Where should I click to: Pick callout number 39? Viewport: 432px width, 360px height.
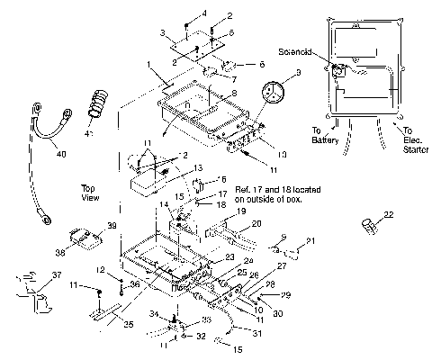[x=112, y=226]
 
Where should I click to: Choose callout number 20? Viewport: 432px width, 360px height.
[x=256, y=223]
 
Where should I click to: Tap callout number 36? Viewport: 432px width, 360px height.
[x=135, y=285]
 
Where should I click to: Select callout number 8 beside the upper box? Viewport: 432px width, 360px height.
[x=234, y=94]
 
